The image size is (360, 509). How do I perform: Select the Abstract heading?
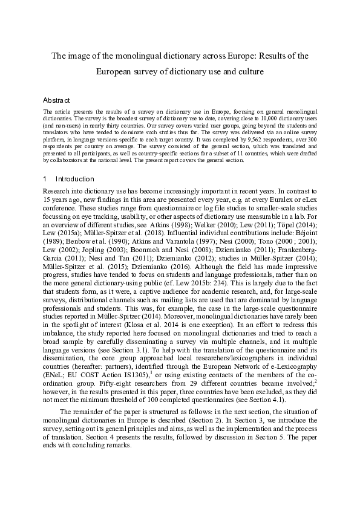click(57, 100)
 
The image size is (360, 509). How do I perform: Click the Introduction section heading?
click(74, 179)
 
